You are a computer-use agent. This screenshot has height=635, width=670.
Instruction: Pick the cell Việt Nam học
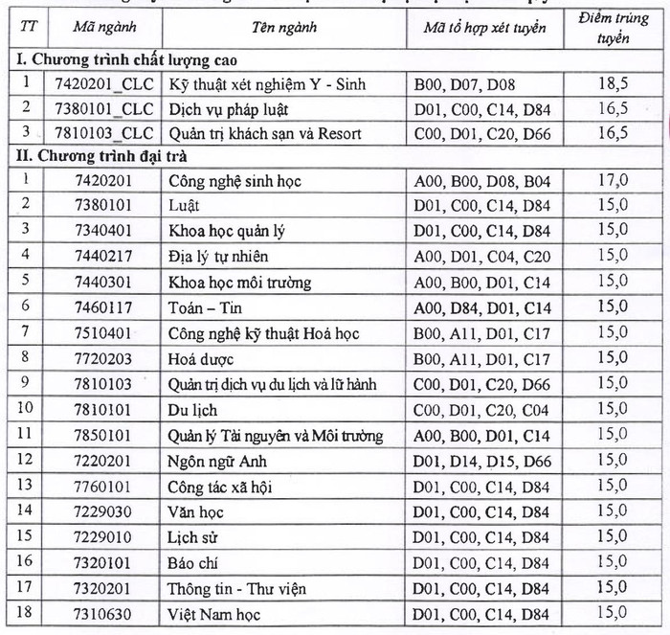click(x=213, y=614)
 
